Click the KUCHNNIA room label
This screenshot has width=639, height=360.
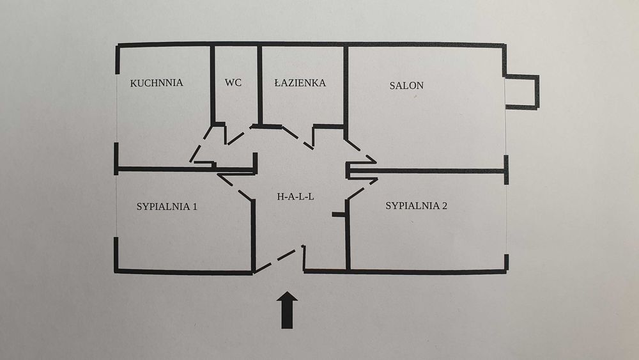click(x=157, y=83)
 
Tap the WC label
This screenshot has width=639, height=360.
click(x=233, y=82)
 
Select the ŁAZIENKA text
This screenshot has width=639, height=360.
click(x=300, y=82)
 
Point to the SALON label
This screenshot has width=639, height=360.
click(x=406, y=86)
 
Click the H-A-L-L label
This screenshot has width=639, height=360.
click(x=295, y=196)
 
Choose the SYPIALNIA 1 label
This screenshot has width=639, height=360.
click(x=167, y=207)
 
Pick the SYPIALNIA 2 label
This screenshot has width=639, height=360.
click(x=416, y=206)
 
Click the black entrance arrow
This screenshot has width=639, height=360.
click(x=287, y=310)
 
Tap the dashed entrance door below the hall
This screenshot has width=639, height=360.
click(x=278, y=260)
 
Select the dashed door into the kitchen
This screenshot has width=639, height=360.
click(x=201, y=144)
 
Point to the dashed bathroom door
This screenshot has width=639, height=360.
click(x=297, y=138)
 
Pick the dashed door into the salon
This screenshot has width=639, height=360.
click(x=361, y=152)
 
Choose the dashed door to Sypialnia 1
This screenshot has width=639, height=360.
click(x=236, y=187)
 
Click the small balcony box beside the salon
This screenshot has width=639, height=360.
click(x=522, y=91)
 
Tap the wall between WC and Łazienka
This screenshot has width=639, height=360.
click(x=259, y=85)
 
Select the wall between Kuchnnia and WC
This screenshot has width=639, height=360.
click(x=212, y=85)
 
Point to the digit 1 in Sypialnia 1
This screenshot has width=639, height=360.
click(x=195, y=207)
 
